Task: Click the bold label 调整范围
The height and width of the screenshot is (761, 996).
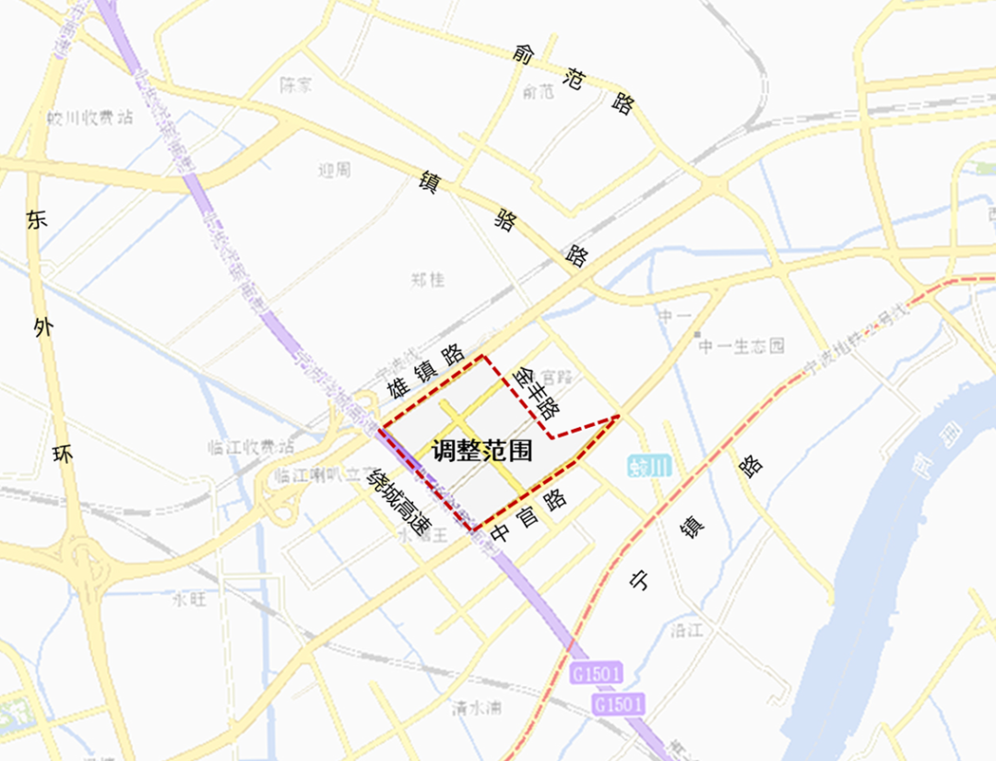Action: pos(482,450)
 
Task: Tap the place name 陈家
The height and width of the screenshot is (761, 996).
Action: pos(296,85)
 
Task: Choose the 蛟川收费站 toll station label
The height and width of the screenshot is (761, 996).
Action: pos(90,117)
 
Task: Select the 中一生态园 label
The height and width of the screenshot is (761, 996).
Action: pos(741,346)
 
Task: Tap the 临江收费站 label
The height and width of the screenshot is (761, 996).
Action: pos(251,447)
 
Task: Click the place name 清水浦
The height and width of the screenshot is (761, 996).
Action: pos(477,708)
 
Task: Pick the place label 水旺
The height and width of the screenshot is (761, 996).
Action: pos(189,599)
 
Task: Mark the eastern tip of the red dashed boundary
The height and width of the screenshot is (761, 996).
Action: pos(616,417)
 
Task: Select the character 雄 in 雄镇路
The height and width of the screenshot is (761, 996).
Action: pos(397,387)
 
